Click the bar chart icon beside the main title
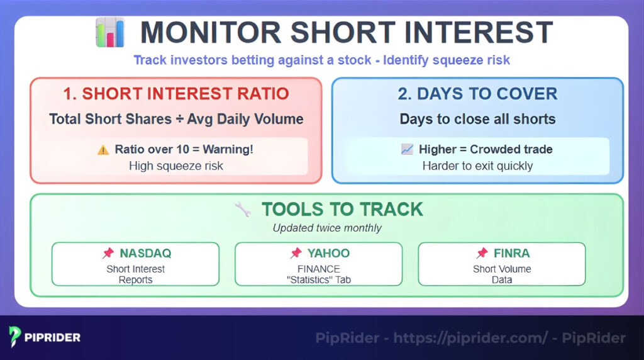110,33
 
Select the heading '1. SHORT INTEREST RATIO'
176,94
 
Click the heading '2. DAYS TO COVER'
477,94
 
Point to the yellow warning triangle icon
103,150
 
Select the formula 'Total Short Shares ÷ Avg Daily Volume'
176,119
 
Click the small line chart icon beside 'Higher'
407,150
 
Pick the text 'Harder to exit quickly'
477,166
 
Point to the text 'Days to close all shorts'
477,119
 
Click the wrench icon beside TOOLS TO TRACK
242,210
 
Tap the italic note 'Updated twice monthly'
327,228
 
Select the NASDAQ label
145,254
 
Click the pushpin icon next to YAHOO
296,254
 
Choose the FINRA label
511,254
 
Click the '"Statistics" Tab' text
318,279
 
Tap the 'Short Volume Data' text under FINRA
502,274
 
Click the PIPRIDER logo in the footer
44,337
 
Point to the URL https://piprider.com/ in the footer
470,338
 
